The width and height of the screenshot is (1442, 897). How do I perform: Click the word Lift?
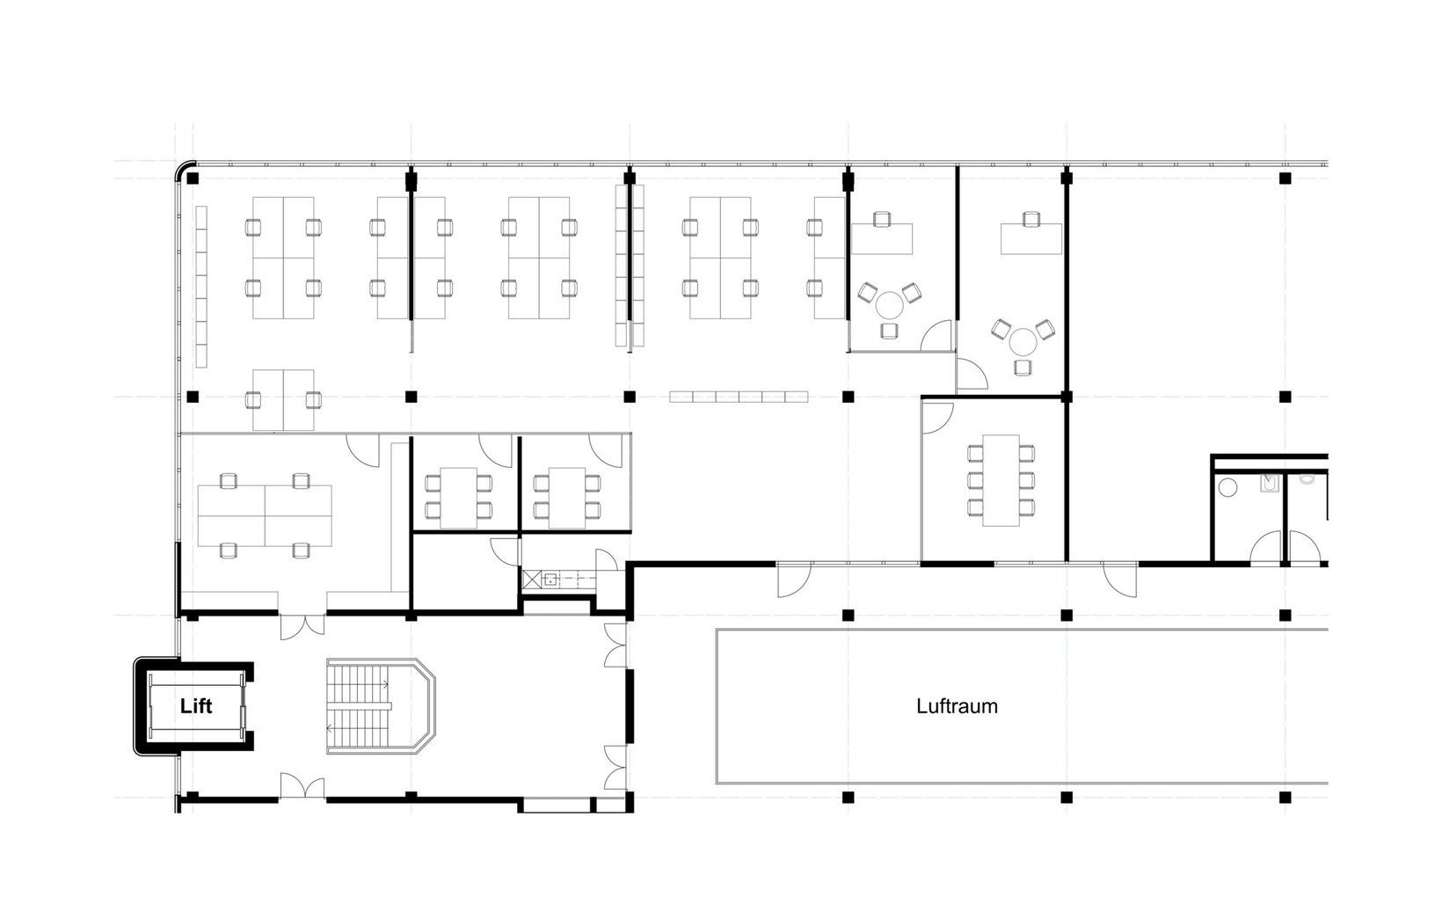196,706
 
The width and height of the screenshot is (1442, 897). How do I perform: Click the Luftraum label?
957,706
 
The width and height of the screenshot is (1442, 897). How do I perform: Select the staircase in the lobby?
381,706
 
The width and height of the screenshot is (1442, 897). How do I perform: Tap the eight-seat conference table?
1001,480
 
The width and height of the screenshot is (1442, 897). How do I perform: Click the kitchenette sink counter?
559,580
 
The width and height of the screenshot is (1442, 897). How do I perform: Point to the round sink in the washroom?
1227,487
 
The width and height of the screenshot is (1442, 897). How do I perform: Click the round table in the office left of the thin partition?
889,304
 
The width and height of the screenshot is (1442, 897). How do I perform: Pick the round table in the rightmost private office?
1023,341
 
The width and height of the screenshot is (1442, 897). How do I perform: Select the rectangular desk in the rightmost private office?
1031,239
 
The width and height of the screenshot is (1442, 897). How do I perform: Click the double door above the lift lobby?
302,626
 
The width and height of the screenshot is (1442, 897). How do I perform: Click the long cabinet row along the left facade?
201,287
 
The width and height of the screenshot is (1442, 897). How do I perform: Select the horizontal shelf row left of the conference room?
739,397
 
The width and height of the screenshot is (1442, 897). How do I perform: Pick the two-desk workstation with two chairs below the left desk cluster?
283,400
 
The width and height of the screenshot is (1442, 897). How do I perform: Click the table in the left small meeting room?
458,498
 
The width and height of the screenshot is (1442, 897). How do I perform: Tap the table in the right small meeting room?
566,498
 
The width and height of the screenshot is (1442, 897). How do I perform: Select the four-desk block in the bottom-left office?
265,516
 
